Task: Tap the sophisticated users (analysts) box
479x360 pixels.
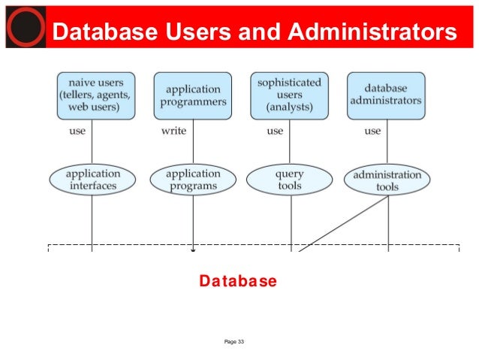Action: [x=288, y=95]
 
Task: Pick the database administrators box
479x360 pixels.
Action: [x=385, y=95]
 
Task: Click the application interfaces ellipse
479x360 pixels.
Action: [x=93, y=180]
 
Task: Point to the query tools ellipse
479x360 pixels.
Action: [x=289, y=180]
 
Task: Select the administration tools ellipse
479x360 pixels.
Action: [x=387, y=180]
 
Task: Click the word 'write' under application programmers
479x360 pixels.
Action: [x=174, y=132]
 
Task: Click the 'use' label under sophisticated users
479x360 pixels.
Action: [x=275, y=132]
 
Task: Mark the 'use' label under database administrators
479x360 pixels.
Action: [x=372, y=132]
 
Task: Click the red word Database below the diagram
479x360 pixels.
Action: [x=238, y=281]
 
